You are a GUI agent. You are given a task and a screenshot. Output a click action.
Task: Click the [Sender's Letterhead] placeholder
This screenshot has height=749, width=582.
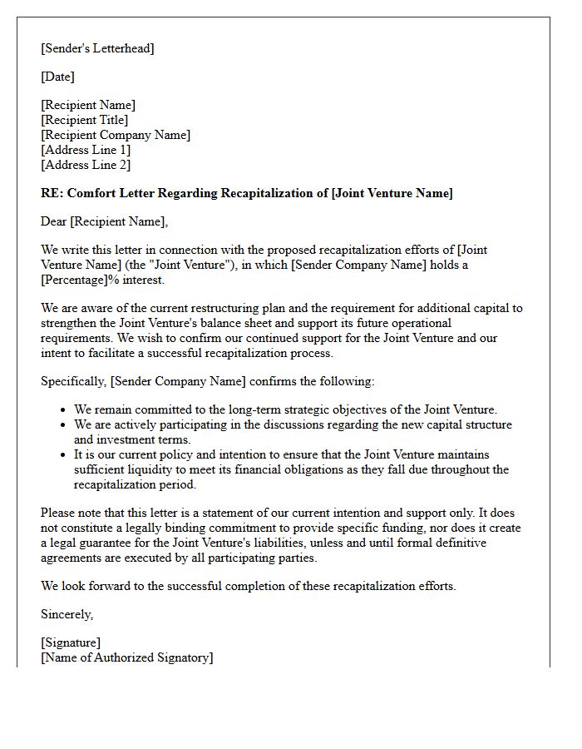pos(97,48)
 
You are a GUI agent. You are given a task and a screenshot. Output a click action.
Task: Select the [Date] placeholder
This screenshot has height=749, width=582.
pos(57,77)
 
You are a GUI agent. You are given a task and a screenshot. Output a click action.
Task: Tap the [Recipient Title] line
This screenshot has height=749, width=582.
pos(84,120)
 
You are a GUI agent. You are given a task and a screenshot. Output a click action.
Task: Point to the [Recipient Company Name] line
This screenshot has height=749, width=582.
pos(116,135)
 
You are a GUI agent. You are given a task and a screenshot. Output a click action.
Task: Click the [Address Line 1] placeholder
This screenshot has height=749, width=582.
pos(86,150)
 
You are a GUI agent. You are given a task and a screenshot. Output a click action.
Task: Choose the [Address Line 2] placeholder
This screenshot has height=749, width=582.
pos(86,165)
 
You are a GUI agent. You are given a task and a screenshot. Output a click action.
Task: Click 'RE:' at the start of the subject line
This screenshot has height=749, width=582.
pos(52,193)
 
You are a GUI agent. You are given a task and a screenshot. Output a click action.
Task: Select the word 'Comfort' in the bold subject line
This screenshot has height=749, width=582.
pos(90,193)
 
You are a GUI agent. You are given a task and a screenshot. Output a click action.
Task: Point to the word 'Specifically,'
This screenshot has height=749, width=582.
pos(74,381)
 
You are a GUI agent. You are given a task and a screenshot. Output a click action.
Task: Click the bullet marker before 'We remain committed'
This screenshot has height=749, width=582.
pos(64,410)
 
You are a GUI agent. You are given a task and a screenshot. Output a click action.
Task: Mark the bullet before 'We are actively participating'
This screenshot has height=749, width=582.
pos(64,425)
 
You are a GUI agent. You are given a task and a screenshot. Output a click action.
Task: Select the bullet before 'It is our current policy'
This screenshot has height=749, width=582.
pos(64,455)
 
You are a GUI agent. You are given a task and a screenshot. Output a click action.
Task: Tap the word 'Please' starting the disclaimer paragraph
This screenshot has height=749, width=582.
pos(58,513)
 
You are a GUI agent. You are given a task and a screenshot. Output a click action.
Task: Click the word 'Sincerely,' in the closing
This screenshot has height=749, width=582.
pos(67,614)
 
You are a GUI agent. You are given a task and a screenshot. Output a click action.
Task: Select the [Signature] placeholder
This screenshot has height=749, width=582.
pos(71,642)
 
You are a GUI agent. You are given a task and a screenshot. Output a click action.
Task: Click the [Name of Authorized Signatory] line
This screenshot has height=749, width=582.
pos(126,657)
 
